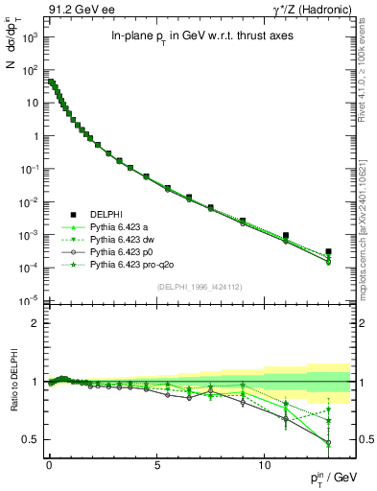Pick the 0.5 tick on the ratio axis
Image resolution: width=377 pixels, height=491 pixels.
click(33, 439)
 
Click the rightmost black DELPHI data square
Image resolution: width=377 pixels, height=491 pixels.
click(328, 252)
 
